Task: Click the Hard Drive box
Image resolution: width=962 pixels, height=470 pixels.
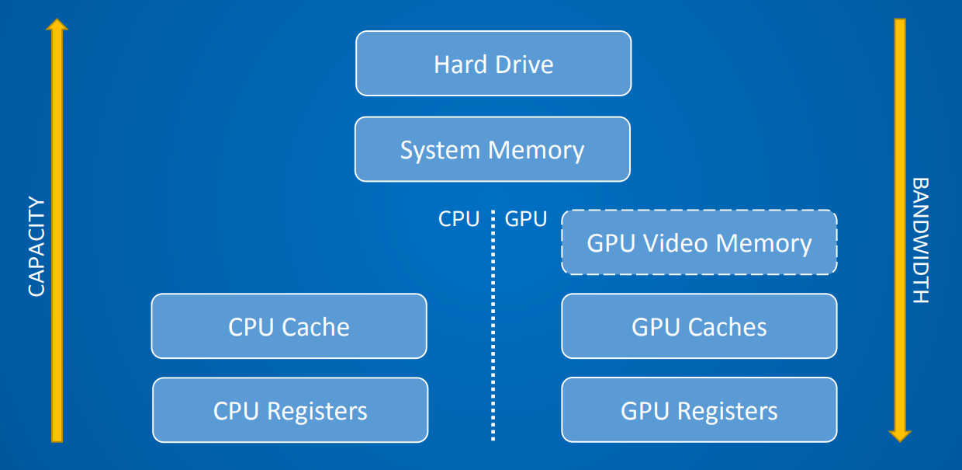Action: [493, 63]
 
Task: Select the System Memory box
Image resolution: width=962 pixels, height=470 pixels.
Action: [493, 149]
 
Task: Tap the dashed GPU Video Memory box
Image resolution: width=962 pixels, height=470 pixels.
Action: [699, 242]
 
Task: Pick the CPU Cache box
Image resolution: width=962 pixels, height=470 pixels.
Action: [289, 326]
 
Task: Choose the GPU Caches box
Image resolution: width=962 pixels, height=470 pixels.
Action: [699, 326]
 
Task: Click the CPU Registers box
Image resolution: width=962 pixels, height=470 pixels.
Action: [290, 410]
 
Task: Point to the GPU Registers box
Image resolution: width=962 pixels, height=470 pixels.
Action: [699, 410]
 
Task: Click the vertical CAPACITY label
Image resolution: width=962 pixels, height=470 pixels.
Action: [36, 246]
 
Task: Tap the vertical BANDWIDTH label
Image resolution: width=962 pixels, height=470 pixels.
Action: [920, 240]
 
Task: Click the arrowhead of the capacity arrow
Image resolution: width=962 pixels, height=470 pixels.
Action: [57, 25]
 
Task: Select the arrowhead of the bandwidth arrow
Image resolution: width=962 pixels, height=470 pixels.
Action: [900, 436]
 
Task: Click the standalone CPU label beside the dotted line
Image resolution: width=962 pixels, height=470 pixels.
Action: [459, 219]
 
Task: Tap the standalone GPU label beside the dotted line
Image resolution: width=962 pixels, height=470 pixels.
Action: [526, 219]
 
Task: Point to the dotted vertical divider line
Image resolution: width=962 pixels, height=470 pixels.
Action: [493, 326]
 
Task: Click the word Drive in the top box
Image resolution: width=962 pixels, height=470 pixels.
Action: [524, 64]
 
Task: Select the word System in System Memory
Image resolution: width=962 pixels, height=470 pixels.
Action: [440, 151]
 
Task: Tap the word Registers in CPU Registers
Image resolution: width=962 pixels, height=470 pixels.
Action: [317, 412]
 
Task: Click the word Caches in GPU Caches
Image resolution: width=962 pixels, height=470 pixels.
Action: [727, 327]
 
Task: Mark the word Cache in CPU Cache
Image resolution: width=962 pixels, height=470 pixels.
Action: [316, 327]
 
